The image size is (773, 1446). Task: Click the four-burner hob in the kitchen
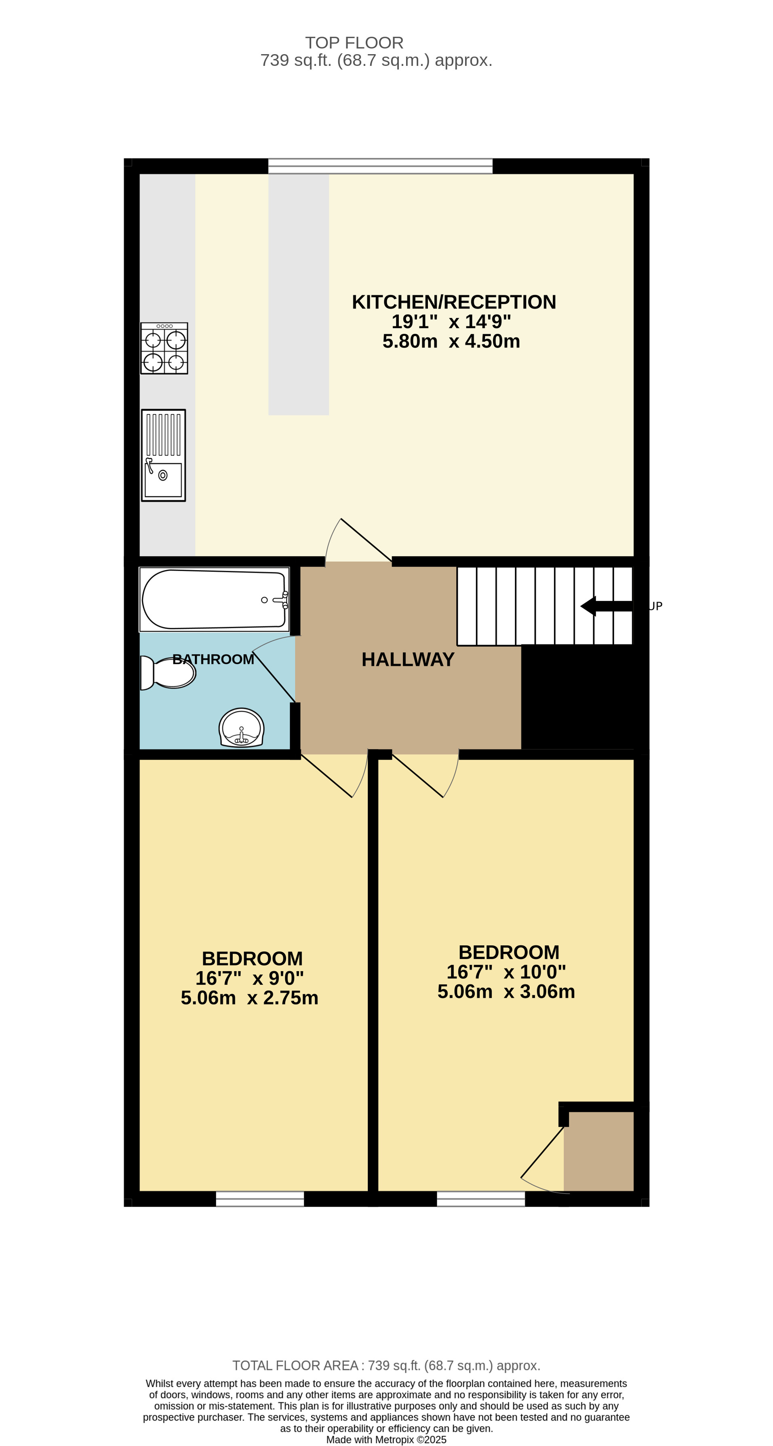coord(164,348)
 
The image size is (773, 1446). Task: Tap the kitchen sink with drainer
coord(163,455)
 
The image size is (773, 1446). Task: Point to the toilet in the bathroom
coord(168,672)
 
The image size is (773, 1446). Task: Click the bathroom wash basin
coord(241,727)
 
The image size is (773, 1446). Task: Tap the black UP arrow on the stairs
coord(606,606)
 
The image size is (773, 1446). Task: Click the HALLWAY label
coord(408,660)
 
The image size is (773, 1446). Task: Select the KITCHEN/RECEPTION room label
coord(454,302)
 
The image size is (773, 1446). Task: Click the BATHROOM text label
coord(213,660)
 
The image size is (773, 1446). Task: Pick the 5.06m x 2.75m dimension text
coord(249,997)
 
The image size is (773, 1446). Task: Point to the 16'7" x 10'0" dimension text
coord(506,972)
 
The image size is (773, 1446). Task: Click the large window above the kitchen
coord(380,166)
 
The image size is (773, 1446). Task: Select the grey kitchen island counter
coord(299,295)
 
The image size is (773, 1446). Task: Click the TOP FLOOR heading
coord(354,43)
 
